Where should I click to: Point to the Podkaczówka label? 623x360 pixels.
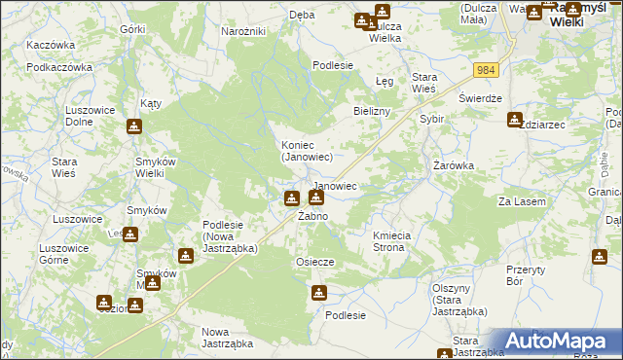[59, 67]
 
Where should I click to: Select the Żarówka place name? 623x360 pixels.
[454, 165]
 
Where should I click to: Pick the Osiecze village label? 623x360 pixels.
[315, 262]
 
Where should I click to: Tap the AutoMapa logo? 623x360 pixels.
[559, 342]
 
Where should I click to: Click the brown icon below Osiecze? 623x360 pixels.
[319, 292]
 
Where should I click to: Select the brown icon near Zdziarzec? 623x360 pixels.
[514, 120]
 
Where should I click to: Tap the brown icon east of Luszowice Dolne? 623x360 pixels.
[134, 126]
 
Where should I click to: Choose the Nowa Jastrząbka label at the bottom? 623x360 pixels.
[227, 338]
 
